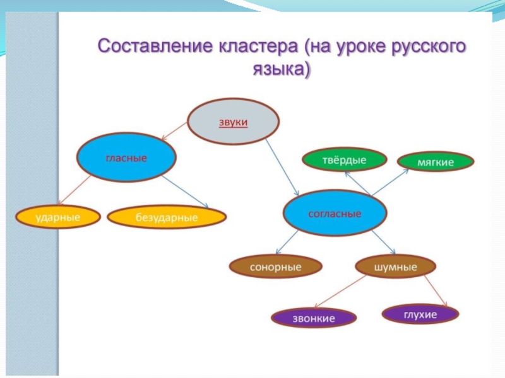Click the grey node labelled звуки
click(x=234, y=122)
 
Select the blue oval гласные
click(x=126, y=158)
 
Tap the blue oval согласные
click(x=335, y=214)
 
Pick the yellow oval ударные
click(x=57, y=217)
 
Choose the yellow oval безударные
click(x=167, y=218)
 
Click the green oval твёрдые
click(x=345, y=160)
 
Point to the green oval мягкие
click(x=436, y=162)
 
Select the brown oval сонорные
click(x=275, y=267)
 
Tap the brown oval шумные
click(x=395, y=266)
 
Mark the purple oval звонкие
click(x=313, y=318)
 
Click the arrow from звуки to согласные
click(x=282, y=166)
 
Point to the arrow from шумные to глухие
click(x=435, y=291)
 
